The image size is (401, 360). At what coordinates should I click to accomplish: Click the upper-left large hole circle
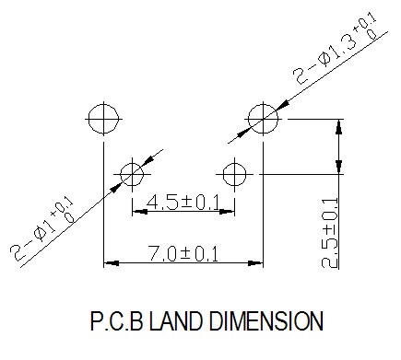pos(88,119)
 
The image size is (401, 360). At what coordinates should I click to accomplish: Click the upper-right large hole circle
pos(248,119)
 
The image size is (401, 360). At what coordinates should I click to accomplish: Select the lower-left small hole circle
pos(121,174)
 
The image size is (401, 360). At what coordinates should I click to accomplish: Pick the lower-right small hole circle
pos(223,174)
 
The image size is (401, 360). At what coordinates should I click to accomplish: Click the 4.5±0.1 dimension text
pos(183,203)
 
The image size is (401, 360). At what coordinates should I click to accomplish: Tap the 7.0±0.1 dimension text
pos(183,254)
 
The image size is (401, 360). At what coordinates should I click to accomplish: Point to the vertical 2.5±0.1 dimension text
pos(330,233)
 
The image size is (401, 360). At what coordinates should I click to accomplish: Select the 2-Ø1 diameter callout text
pos(42,229)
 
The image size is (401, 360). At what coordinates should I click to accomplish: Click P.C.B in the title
pos(117,321)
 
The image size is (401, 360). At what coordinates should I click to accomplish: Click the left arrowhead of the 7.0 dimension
pos(112,263)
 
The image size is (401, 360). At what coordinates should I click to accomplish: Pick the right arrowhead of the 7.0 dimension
pos(255,263)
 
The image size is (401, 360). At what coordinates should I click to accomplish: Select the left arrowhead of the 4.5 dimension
pos(140,212)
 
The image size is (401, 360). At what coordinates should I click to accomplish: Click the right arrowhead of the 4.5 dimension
pos(227,212)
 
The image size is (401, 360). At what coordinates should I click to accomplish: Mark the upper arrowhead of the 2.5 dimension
pos(338,126)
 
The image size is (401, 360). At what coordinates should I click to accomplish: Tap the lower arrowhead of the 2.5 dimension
pos(338,167)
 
